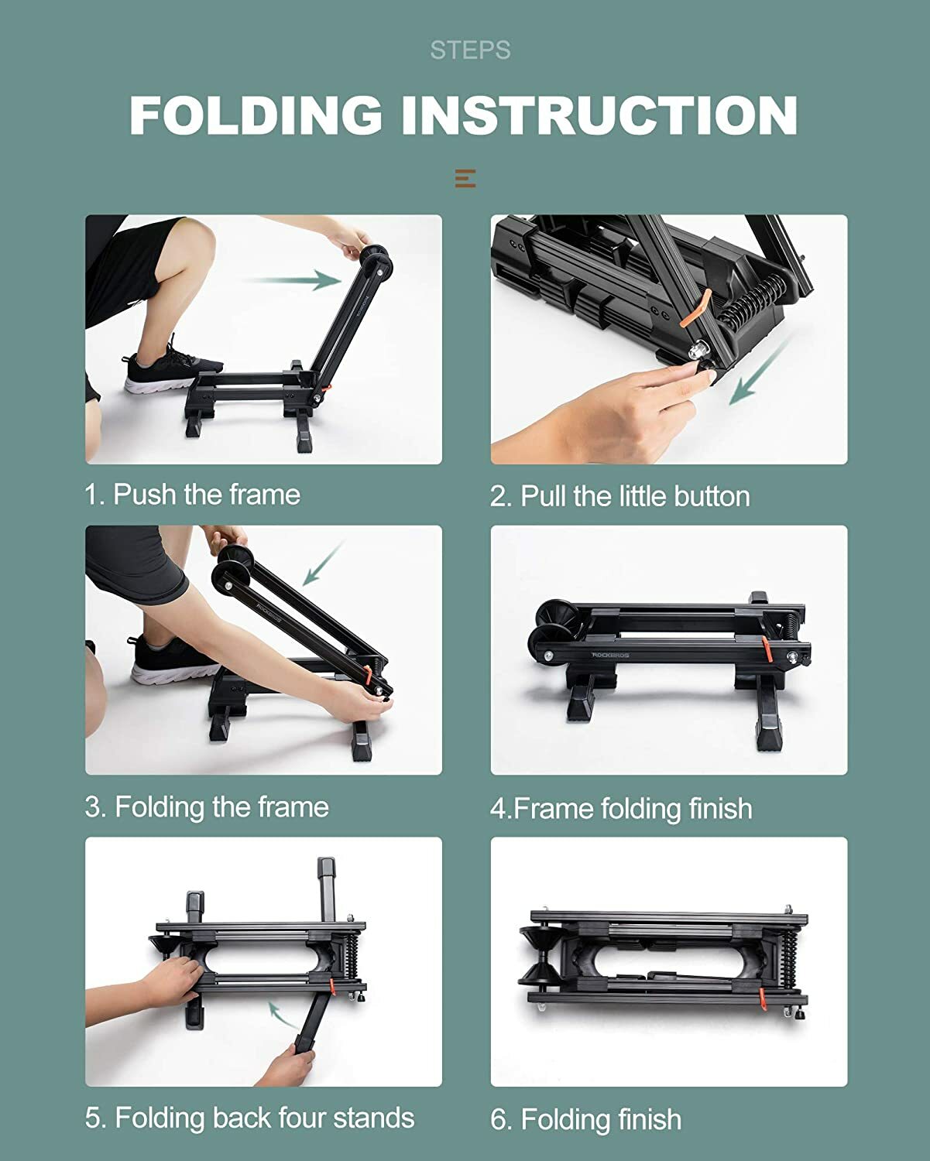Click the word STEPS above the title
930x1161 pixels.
tap(470, 50)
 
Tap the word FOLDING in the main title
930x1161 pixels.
tap(256, 115)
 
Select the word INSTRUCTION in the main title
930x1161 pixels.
tap(599, 115)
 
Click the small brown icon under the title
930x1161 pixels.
tap(465, 178)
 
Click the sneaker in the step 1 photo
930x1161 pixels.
tap(163, 365)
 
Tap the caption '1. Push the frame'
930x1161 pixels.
tap(192, 494)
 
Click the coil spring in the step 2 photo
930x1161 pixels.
tap(751, 302)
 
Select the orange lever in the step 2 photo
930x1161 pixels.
tap(695, 310)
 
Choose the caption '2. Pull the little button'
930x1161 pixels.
tap(619, 496)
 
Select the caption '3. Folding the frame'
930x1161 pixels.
tap(207, 807)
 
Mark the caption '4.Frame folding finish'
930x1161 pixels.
tap(621, 808)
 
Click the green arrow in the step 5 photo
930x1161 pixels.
tap(283, 1014)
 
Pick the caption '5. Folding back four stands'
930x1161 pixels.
tap(249, 1118)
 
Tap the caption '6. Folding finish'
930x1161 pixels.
tap(585, 1119)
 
